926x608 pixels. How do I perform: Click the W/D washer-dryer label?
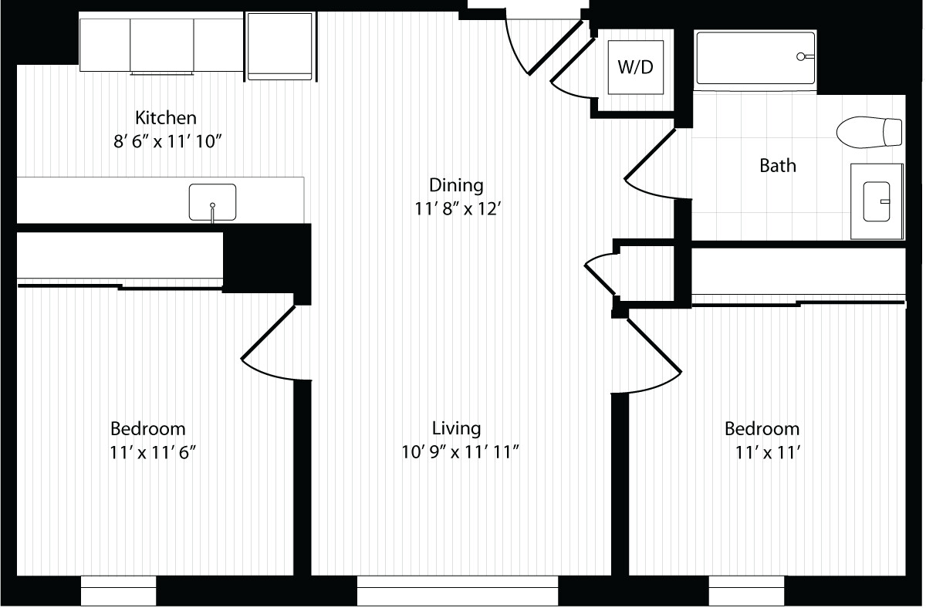pos(635,67)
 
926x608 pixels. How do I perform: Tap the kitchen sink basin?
pos(212,202)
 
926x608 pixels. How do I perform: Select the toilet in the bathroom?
pos(869,132)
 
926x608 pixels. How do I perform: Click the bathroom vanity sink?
pos(877,201)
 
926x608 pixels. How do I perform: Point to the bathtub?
pos(755,59)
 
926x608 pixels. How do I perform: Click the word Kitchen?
pos(166,118)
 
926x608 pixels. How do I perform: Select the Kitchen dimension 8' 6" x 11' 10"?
pos(167,142)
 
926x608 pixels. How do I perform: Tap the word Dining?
pos(456,185)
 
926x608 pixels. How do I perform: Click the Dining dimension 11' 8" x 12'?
pos(458,209)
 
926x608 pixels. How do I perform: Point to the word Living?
pos(456,428)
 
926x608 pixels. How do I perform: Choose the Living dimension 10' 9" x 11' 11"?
pos(460,452)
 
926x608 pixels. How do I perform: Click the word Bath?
pos(778,166)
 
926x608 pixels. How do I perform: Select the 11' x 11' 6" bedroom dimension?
pos(153,453)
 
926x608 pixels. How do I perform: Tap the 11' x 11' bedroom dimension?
pos(768,453)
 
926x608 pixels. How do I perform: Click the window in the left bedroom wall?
pos(118,590)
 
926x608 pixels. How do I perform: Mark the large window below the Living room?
pos(458,590)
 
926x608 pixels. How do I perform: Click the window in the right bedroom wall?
pos(747,590)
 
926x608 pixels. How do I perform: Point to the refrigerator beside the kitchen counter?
pos(280,46)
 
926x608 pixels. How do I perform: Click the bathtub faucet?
pos(804,56)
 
